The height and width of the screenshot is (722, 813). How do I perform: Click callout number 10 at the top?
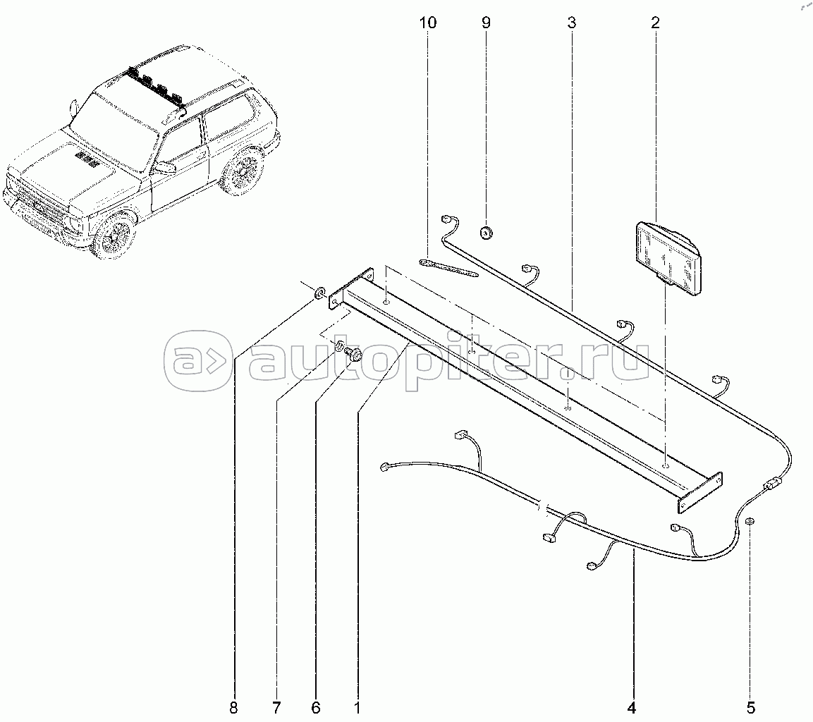427,23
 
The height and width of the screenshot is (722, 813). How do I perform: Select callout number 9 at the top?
485,23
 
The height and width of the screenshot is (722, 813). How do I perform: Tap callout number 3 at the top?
571,23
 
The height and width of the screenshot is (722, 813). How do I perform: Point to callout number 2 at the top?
655,23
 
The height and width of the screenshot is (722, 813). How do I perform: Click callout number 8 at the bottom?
233,706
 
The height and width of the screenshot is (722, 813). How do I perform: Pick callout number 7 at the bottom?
276,706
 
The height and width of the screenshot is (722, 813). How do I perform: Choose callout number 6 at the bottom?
316,706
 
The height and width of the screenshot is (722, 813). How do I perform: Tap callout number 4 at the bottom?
632,706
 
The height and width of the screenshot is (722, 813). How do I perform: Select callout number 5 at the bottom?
751,706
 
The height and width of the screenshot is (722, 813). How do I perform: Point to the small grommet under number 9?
485,231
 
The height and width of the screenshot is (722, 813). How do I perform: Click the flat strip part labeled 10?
448,267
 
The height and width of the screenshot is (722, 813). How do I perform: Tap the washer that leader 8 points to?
318,291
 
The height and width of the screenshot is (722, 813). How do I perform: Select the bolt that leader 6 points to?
355,356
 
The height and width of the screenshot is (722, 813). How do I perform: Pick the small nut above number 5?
750,522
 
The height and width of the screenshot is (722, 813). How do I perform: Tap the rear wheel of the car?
241,171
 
